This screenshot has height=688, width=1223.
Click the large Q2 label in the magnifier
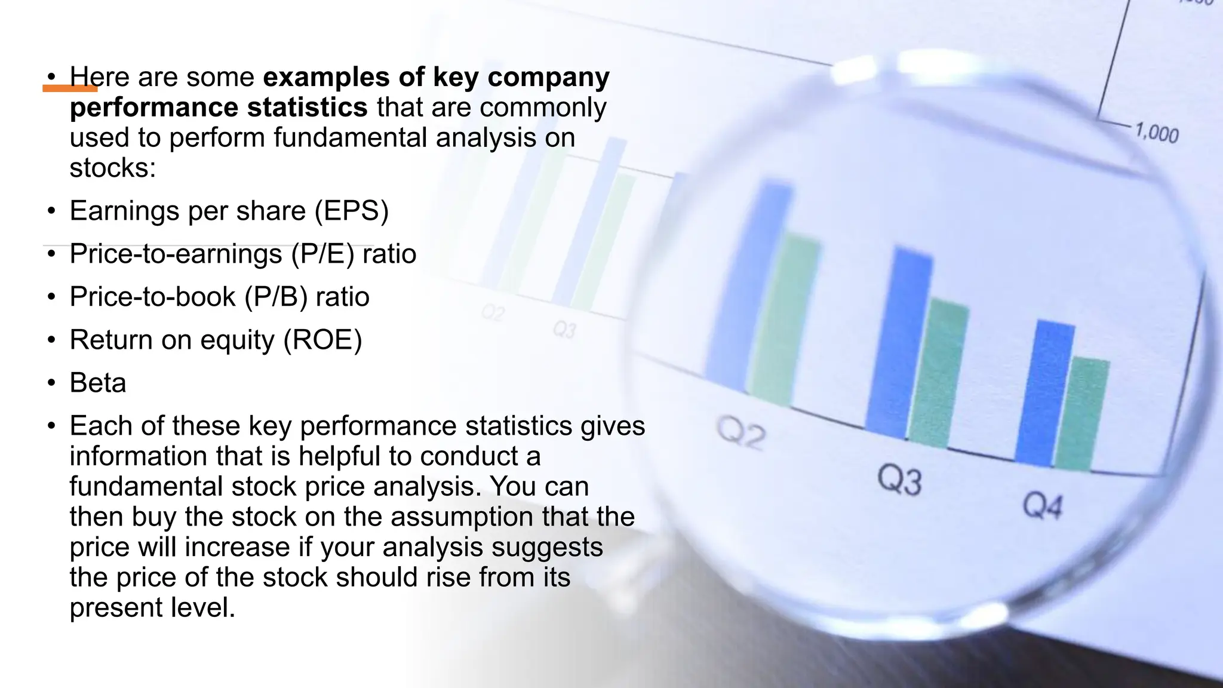click(740, 433)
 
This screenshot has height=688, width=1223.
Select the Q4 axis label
click(1043, 506)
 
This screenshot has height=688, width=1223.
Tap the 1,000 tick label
click(1157, 133)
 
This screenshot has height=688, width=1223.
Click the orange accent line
click(70, 88)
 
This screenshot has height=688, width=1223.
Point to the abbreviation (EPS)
click(352, 211)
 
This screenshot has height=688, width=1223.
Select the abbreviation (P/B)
click(276, 297)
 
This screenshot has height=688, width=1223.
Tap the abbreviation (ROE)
click(322, 340)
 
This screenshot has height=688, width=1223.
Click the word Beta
click(98, 383)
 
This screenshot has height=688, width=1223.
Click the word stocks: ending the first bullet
click(112, 168)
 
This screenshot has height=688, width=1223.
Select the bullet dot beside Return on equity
click(51, 340)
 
